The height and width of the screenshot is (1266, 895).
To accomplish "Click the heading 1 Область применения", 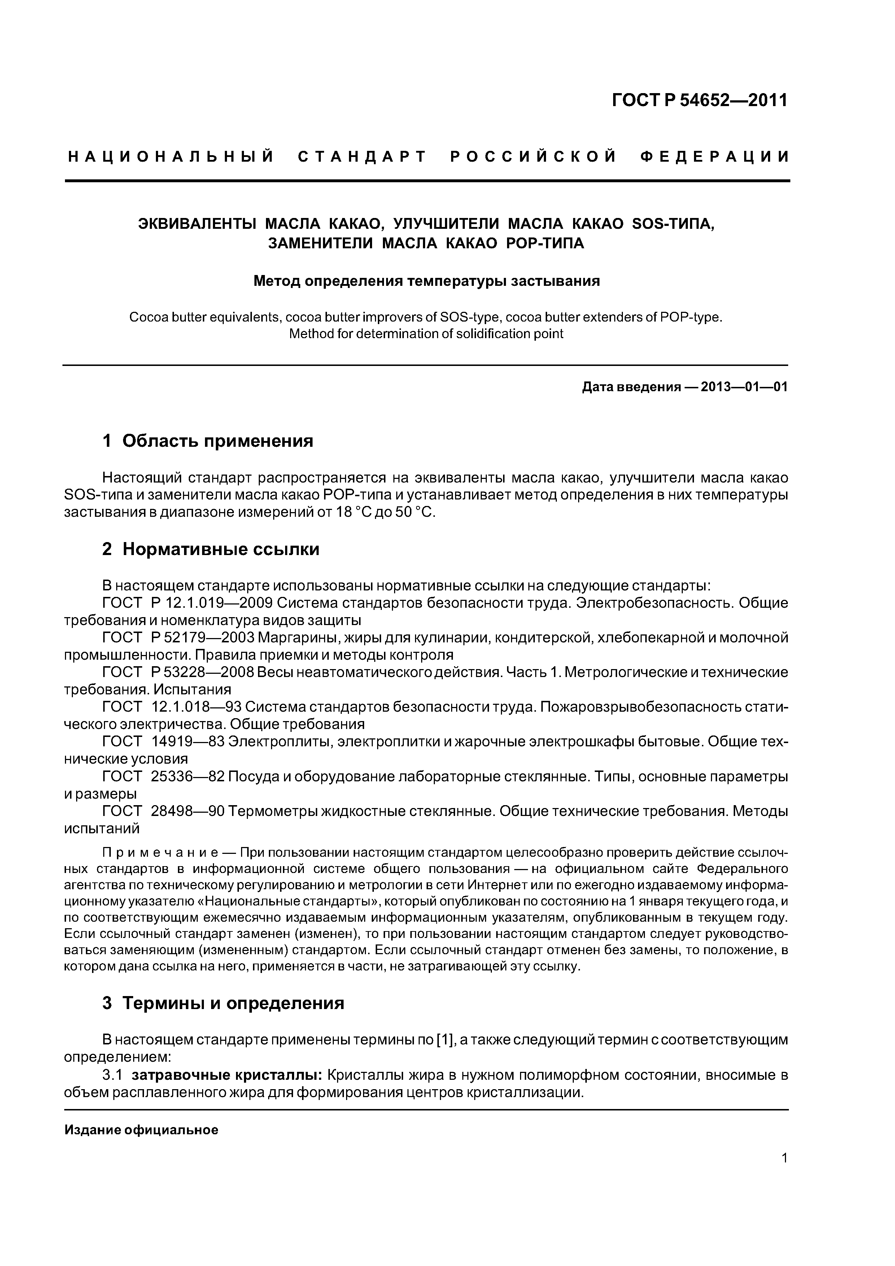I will pyautogui.click(x=208, y=441).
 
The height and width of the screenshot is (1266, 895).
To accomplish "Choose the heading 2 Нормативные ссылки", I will pyautogui.click(x=211, y=549).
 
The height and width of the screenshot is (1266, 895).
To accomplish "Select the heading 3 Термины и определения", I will pyautogui.click(x=223, y=1003).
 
